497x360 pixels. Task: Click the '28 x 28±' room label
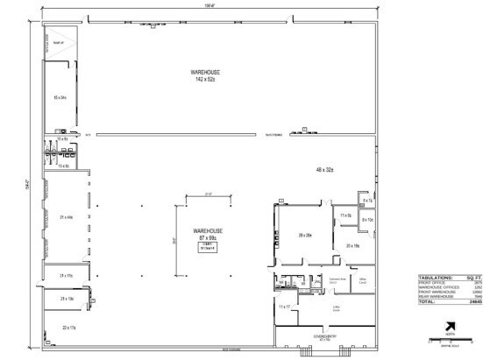pos(305,236)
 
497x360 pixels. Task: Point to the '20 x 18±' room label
pos(352,246)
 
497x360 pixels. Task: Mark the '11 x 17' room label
pos(284,307)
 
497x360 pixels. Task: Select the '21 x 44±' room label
pos(65,216)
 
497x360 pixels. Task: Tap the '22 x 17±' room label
pos(68,327)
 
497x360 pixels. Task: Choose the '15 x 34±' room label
pos(60,96)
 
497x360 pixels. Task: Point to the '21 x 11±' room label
pos(65,276)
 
